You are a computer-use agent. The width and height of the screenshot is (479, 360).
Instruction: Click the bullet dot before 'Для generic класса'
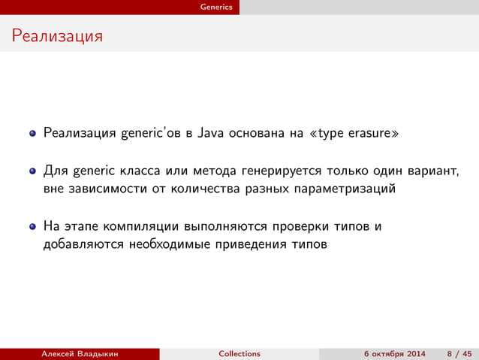(x=33, y=171)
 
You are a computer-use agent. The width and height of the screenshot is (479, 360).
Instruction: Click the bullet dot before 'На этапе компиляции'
(x=33, y=226)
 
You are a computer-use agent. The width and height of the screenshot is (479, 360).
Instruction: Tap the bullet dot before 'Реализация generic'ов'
(x=33, y=135)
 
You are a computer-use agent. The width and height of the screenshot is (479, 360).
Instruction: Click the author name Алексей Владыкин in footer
(x=80, y=354)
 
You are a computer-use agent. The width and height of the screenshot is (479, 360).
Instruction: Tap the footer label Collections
(x=239, y=354)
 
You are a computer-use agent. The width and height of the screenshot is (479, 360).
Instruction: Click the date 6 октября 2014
(x=394, y=354)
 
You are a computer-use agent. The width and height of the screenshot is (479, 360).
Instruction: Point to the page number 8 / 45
(x=459, y=354)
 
